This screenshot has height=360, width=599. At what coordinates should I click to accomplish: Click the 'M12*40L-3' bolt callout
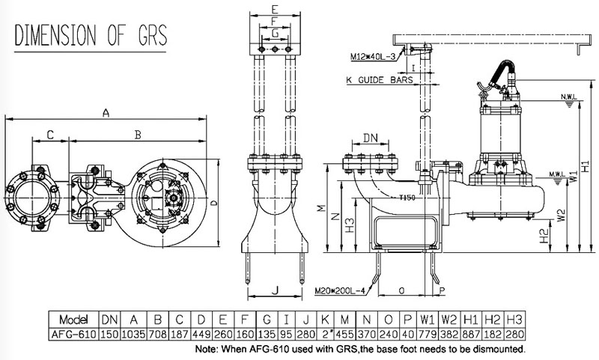click(374, 56)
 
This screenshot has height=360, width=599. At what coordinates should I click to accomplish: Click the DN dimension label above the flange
click(370, 138)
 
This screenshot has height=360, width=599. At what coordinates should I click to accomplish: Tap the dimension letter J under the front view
click(275, 288)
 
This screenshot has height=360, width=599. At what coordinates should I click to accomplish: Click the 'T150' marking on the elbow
click(407, 198)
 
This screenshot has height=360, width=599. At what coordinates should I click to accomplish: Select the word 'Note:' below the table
click(208, 350)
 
